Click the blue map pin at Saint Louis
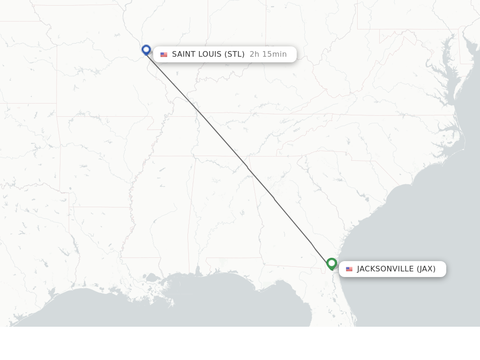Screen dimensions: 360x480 (x=146, y=49)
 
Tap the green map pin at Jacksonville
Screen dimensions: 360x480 (x=332, y=264)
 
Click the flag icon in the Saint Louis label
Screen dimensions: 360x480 (x=164, y=55)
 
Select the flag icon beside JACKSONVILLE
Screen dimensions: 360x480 (x=349, y=269)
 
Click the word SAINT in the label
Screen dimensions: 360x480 (x=183, y=54)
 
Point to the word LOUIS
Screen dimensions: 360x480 (x=210, y=54)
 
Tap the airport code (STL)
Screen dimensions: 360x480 (x=234, y=54)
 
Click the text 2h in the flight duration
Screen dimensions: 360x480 (x=254, y=54)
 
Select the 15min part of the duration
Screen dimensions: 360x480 (x=274, y=54)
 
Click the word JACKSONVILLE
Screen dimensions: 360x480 (x=385, y=269)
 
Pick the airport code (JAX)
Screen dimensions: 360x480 (x=426, y=269)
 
